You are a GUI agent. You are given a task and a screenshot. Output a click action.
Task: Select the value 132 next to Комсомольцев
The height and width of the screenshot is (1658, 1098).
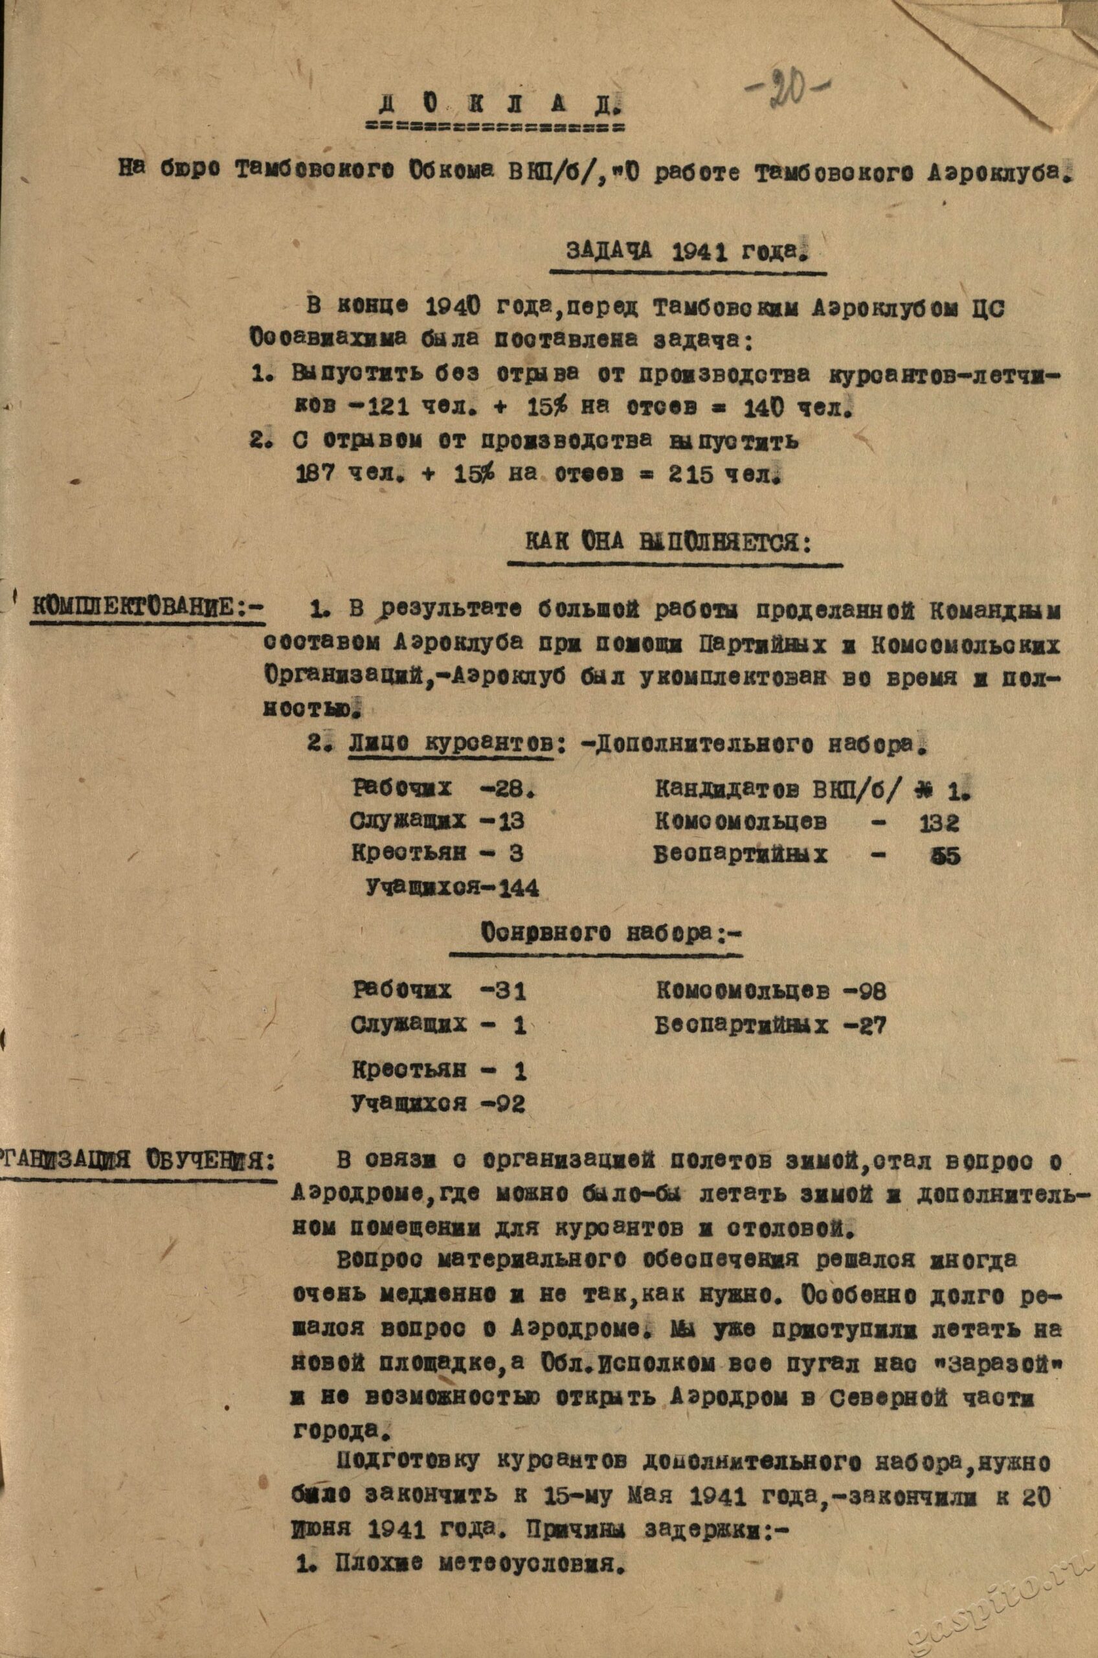939,823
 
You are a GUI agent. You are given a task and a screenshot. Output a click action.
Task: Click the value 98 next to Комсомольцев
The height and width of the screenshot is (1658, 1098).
870,991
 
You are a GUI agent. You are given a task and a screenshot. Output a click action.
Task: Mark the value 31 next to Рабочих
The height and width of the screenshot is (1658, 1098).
507,991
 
